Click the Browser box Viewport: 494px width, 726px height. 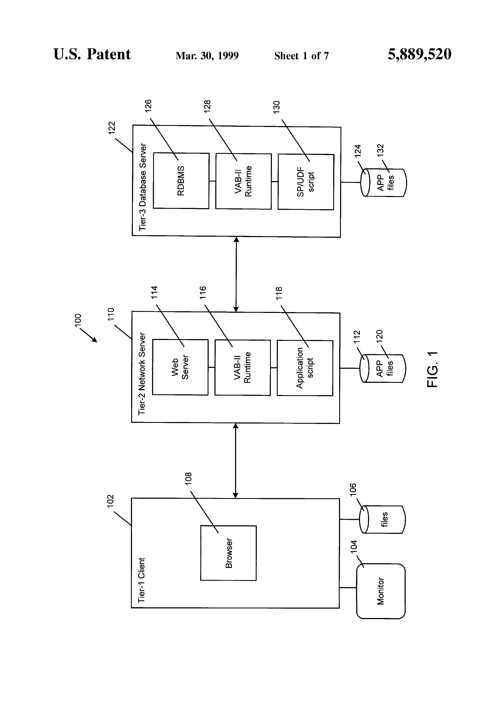coord(228,553)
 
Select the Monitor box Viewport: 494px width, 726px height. coord(381,591)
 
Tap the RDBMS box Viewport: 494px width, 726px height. coord(181,181)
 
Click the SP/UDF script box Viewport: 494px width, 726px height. coord(306,182)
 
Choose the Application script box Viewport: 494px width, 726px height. coord(305,368)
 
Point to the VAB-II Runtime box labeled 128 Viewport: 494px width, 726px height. coord(244,181)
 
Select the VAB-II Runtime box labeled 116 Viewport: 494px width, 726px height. coord(243,368)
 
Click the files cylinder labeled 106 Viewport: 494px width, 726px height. coord(382,520)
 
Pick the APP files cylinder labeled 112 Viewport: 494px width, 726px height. coord(383,369)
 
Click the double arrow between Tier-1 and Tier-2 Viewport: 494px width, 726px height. coord(236,461)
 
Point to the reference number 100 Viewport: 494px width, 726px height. coord(78,320)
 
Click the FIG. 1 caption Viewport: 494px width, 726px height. coord(432,369)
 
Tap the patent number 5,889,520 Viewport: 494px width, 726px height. coord(419,54)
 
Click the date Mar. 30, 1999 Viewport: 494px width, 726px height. coord(207,56)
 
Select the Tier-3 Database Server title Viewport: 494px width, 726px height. coord(143,187)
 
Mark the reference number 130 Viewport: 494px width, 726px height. coord(277,107)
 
